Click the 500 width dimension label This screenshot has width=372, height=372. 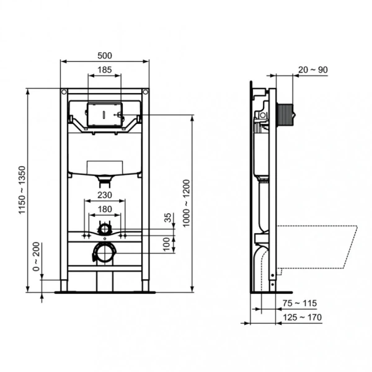click(105, 54)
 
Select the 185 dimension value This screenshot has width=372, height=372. click(105, 71)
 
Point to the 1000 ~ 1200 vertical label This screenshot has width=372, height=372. click(185, 201)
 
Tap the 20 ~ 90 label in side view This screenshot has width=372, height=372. click(313, 69)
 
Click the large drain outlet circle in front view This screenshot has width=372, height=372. click(104, 252)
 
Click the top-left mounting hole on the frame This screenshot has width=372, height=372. click(64, 93)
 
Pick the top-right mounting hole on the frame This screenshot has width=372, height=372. click(145, 93)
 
